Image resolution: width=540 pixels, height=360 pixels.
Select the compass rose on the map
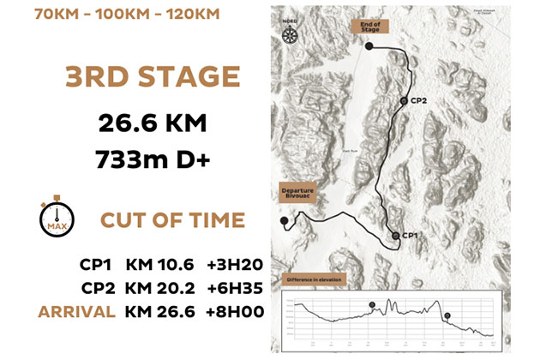pyautogui.click(x=289, y=35)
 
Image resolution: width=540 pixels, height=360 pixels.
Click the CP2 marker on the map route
pyautogui.click(x=403, y=100)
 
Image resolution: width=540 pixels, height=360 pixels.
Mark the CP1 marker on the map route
pyautogui.click(x=395, y=235)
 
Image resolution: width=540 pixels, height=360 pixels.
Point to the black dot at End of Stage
pyautogui.click(x=369, y=46)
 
